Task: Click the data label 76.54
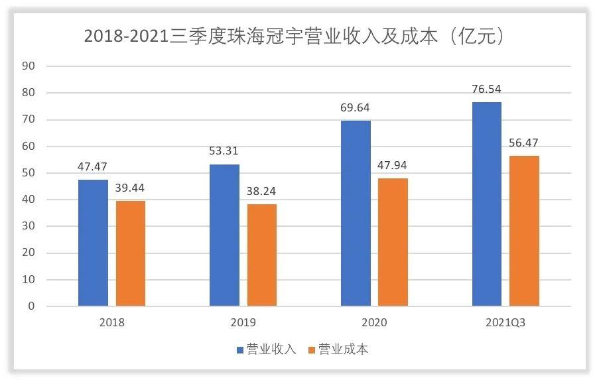487,89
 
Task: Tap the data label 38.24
261,191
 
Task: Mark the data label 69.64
356,107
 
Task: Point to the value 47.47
93,166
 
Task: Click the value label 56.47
524,143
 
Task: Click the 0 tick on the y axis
31,306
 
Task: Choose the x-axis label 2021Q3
505,322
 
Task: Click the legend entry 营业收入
265,350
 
